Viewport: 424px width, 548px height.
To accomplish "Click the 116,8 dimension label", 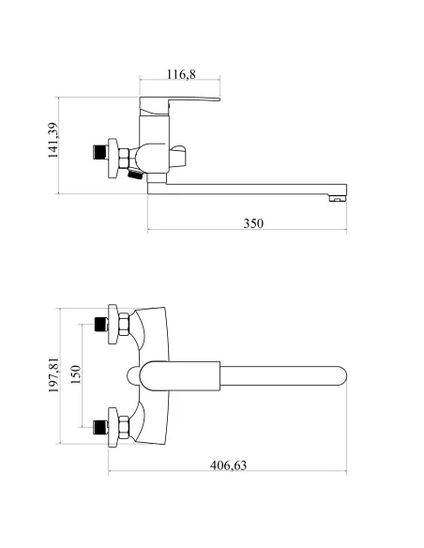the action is [181, 74].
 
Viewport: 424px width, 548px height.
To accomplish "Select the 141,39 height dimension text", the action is [53, 140].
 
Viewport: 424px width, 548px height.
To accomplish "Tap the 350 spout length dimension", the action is [253, 223].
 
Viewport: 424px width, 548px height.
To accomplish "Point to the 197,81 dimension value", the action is [53, 374].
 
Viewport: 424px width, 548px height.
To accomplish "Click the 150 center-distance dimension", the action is [75, 374].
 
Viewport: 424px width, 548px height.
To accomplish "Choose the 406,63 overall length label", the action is [228, 465].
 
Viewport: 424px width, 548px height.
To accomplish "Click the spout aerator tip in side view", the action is [338, 198].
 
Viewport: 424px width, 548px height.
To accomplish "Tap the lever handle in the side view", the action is [179, 105].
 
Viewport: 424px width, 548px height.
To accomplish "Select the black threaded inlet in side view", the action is [99, 152].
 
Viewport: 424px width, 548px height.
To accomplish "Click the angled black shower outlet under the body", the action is [135, 174].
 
